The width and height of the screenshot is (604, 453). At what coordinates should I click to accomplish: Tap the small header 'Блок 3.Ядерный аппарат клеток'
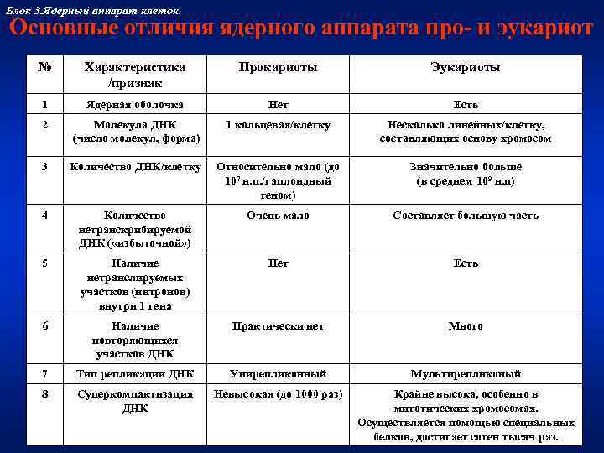coord(92,8)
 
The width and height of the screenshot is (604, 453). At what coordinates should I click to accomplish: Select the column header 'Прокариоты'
coord(278,67)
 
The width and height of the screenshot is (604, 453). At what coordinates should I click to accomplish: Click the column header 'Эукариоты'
coord(465,67)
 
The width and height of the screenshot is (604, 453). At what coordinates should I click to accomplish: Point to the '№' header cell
coord(44,67)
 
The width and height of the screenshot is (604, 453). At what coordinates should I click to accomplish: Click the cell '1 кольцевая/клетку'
coord(278,125)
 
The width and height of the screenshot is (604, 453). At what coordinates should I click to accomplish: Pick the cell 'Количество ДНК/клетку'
coord(136,167)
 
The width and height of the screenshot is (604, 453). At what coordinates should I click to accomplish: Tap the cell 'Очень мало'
coord(278,216)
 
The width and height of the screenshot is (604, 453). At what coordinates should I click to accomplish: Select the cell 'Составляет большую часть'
coord(465,216)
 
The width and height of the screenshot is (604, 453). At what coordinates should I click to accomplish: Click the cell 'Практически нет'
coord(278,326)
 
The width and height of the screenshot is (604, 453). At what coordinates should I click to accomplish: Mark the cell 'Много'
coord(465,326)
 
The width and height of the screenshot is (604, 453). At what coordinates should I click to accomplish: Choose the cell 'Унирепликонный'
coord(278,374)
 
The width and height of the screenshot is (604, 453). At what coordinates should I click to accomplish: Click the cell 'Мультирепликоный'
coord(465,374)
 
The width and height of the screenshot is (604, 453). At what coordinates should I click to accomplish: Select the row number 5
coord(44,263)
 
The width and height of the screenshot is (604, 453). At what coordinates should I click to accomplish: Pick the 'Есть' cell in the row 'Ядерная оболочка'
coord(465,105)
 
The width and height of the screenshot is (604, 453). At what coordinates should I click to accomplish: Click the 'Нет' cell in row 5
coord(278,263)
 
